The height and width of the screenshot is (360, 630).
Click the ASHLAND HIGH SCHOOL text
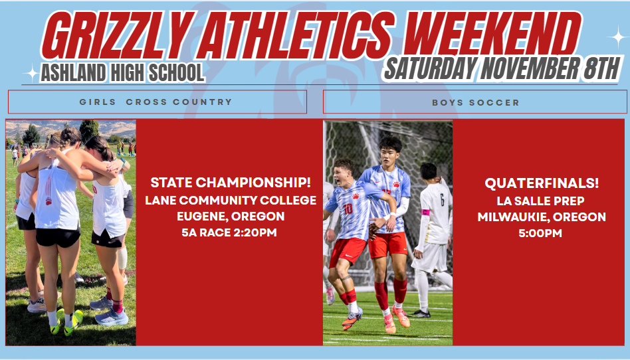(122, 72)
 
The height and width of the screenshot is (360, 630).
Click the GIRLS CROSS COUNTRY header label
(156, 102)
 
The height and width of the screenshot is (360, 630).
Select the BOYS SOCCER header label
(475, 102)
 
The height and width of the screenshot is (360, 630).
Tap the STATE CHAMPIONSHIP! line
(231, 182)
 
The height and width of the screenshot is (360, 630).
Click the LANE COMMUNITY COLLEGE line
(231, 200)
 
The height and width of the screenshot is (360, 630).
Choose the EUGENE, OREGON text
(231, 217)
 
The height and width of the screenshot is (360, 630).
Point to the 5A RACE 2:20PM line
(231, 232)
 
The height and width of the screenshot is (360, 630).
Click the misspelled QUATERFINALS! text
(542, 183)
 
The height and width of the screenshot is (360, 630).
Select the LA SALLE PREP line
(542, 201)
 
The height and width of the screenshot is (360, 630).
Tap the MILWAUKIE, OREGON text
(542, 217)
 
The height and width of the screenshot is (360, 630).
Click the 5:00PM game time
(542, 233)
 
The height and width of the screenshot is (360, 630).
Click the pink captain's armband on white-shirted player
(425, 213)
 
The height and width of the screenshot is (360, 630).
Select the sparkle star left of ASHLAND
(31, 74)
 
